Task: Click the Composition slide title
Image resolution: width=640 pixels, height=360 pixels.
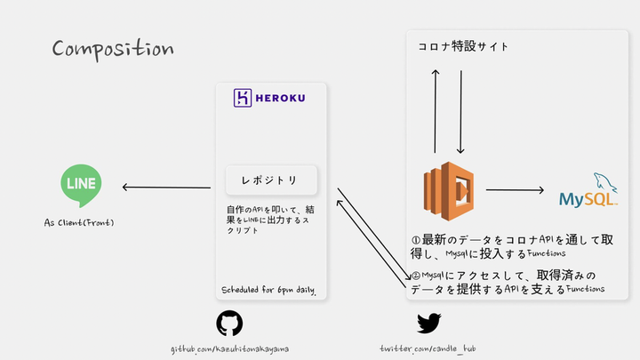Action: pos(112,48)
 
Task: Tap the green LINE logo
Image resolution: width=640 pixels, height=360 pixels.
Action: pos(80,183)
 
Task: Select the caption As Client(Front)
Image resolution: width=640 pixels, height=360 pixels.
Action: pos(79,221)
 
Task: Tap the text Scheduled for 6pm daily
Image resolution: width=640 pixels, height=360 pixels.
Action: pos(268,291)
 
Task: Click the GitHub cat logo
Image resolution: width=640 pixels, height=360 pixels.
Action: pos(229,323)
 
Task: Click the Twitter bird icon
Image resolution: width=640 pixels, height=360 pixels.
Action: pos(429,323)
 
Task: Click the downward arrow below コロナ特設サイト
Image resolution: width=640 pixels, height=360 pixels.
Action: pos(460,111)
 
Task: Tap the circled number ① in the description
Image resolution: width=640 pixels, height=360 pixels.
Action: pos(416,240)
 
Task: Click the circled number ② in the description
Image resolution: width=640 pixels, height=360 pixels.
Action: pos(415,275)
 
